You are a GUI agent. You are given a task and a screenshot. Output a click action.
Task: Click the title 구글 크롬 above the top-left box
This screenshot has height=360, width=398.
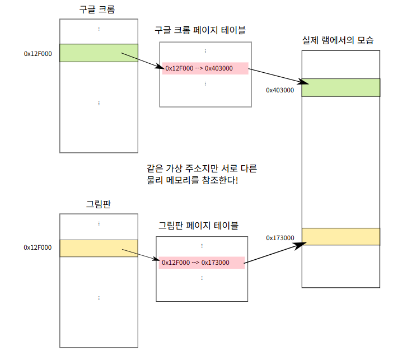[x=97, y=10]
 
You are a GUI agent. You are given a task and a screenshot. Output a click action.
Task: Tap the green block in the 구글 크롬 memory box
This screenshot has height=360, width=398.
[x=99, y=53]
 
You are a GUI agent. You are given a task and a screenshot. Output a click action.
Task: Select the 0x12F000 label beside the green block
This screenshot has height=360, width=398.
[x=38, y=54]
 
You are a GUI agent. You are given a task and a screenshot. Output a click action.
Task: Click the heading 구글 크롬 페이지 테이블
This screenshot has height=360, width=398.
[x=200, y=30]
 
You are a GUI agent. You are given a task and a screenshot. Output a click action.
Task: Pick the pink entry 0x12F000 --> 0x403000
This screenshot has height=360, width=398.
[x=205, y=68]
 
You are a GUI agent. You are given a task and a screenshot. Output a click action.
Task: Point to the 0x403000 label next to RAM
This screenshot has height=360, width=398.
[x=280, y=90]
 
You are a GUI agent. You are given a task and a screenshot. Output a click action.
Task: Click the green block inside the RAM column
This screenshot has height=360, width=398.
[x=341, y=87]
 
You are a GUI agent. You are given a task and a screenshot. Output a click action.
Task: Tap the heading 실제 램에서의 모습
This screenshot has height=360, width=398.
[x=338, y=40]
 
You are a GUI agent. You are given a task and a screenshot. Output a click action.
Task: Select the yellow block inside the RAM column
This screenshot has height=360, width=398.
[x=341, y=237]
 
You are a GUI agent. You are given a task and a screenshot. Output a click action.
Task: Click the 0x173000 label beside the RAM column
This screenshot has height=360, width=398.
[x=280, y=238]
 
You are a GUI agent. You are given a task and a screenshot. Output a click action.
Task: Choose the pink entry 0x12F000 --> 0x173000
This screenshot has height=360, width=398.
[x=202, y=263]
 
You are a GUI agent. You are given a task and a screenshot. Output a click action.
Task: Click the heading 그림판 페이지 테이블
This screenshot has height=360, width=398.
[x=199, y=226]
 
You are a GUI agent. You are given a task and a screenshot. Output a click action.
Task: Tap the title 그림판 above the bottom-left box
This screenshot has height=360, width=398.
[x=99, y=204]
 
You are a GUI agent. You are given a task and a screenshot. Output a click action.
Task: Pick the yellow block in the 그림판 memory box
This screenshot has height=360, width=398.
[x=99, y=248]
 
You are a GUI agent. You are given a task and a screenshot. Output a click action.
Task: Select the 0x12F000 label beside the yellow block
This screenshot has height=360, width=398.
[x=38, y=247]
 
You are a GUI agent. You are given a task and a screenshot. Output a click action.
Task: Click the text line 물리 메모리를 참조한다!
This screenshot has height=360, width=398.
[x=193, y=180]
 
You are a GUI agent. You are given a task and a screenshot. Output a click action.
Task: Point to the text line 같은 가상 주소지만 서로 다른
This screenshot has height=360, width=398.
[x=202, y=169]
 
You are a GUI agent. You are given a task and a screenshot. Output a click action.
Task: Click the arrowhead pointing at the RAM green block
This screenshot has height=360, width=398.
[x=303, y=82]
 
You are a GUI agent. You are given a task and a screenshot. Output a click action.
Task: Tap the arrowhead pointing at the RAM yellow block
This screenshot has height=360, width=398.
[x=300, y=245]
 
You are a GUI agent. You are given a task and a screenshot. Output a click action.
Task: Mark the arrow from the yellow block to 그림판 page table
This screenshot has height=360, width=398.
[x=141, y=255]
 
